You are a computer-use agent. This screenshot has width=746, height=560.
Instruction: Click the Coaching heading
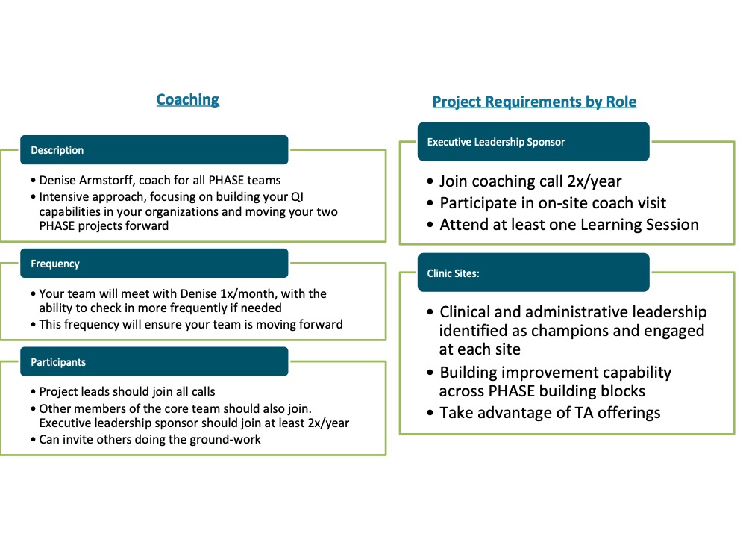tap(187, 99)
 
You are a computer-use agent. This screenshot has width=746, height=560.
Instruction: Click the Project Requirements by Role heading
tap(534, 102)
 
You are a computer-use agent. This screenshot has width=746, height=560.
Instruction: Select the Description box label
tap(57, 151)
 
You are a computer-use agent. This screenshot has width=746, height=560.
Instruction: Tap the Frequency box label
tap(55, 264)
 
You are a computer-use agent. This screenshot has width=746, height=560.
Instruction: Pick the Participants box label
tap(58, 362)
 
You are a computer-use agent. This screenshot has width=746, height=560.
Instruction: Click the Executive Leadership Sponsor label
tap(496, 142)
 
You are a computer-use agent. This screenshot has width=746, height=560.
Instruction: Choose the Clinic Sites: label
tap(453, 273)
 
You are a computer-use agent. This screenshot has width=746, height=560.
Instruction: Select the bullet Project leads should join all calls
tap(123, 392)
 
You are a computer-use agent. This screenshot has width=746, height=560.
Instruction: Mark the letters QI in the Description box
tap(297, 197)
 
